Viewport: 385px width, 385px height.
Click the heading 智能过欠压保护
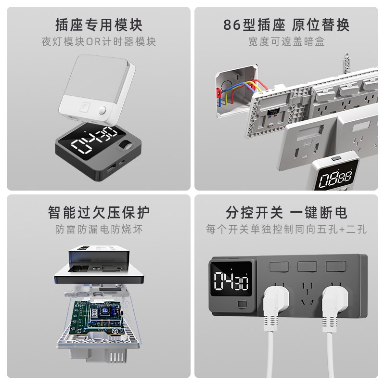tap(99, 212)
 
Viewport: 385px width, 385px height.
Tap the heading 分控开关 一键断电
tap(286, 212)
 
